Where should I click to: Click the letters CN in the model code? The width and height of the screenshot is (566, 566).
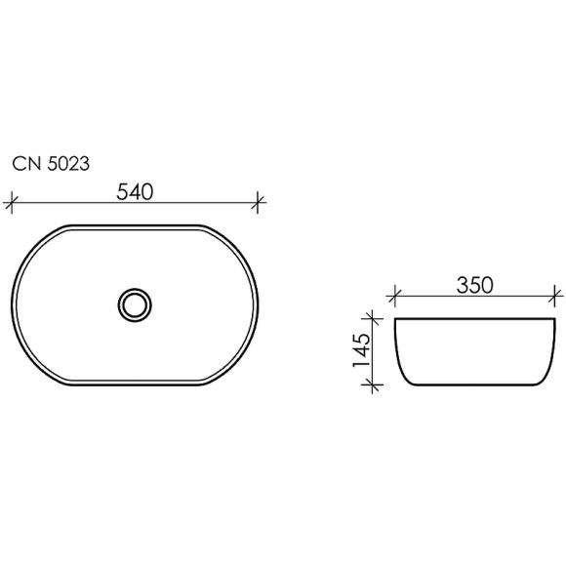point(26,165)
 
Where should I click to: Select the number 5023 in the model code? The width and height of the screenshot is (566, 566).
point(68,165)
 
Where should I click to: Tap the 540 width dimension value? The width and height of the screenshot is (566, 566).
point(135,191)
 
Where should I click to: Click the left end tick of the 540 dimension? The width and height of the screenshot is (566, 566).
point(11,203)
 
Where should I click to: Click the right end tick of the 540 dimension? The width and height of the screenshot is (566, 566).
point(259,203)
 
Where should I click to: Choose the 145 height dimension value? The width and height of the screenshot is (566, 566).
point(359,351)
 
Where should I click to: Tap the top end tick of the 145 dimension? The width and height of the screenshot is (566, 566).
point(370,317)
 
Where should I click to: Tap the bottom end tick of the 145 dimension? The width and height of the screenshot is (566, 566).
point(370,385)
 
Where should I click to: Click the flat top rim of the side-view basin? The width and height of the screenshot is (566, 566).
point(474,318)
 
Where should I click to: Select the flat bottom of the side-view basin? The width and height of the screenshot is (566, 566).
point(474,384)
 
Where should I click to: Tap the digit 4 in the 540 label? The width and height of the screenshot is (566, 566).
point(135,191)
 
